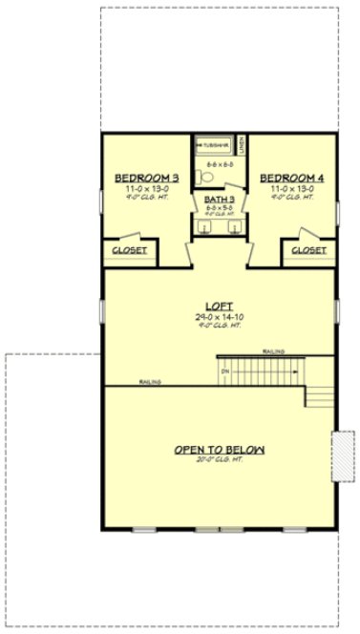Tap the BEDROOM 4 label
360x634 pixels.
coord(288,179)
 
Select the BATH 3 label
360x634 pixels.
coord(218,200)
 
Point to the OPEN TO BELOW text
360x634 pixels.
coord(219,450)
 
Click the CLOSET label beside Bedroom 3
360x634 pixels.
coord(129,250)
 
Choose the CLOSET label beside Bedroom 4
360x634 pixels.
coord(308,250)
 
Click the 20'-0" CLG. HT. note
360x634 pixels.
coord(219,460)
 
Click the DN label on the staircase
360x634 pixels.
coord(225,370)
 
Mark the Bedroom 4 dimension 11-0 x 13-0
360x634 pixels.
coord(288,189)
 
